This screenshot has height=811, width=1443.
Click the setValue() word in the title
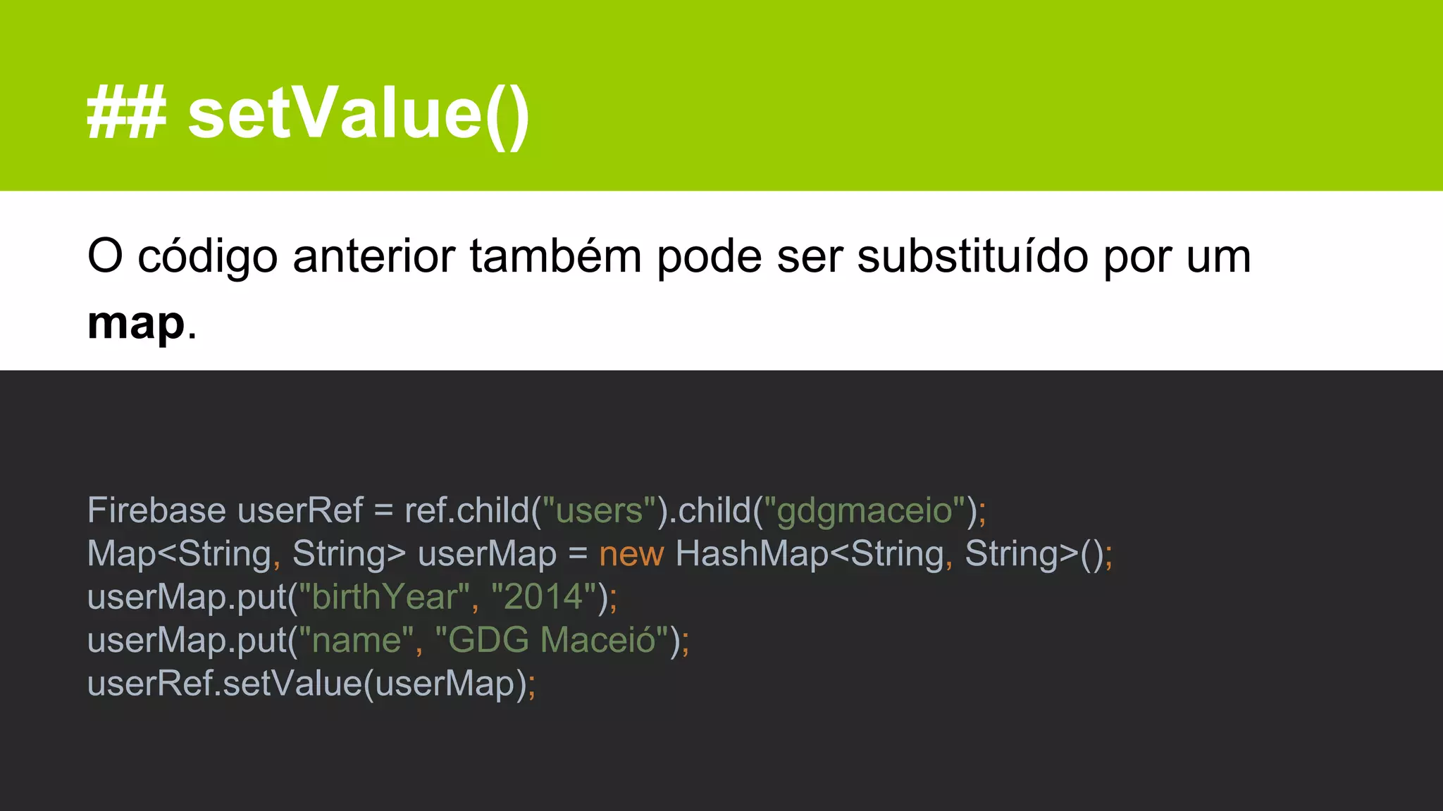click(x=358, y=115)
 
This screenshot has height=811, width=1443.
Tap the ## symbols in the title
click(x=126, y=115)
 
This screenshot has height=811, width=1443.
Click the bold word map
click(x=136, y=324)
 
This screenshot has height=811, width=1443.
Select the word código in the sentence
click(x=208, y=256)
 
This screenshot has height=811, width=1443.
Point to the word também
click(x=555, y=256)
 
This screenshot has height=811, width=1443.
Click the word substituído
click(x=972, y=256)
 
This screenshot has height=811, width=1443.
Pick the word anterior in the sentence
click(x=373, y=256)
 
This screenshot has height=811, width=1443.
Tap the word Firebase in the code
click(x=156, y=510)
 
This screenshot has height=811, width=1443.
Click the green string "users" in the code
click(x=600, y=510)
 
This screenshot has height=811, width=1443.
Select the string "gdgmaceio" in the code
click(x=864, y=510)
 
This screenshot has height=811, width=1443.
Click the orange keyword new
click(x=631, y=554)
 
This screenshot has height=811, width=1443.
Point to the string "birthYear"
click(x=385, y=597)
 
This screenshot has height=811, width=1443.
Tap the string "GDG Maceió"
click(x=552, y=641)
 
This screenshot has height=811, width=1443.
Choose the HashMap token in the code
click(x=752, y=554)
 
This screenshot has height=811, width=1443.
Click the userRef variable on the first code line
click(x=300, y=510)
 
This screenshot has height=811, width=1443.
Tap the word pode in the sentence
click(x=709, y=256)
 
